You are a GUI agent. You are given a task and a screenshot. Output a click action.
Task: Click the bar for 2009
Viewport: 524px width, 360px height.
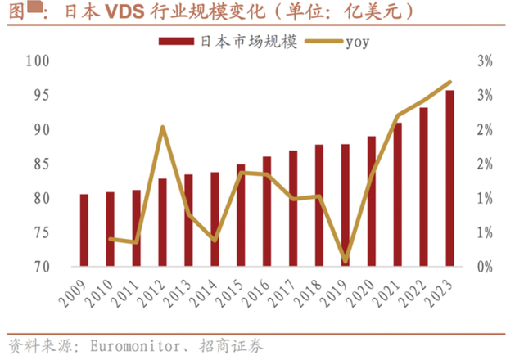[84, 230]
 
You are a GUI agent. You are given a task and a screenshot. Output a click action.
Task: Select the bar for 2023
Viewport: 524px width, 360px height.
[450, 178]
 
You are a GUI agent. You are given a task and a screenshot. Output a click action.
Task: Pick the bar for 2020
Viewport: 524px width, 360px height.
[372, 201]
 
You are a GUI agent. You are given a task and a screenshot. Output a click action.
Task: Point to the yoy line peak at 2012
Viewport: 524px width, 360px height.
[162, 127]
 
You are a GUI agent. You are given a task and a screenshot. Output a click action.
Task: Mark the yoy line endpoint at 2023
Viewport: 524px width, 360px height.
[450, 82]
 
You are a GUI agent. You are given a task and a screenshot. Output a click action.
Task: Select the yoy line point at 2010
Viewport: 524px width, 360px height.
[110, 239]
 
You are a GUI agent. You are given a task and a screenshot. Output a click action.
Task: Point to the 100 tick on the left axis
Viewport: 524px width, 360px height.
[38, 61]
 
